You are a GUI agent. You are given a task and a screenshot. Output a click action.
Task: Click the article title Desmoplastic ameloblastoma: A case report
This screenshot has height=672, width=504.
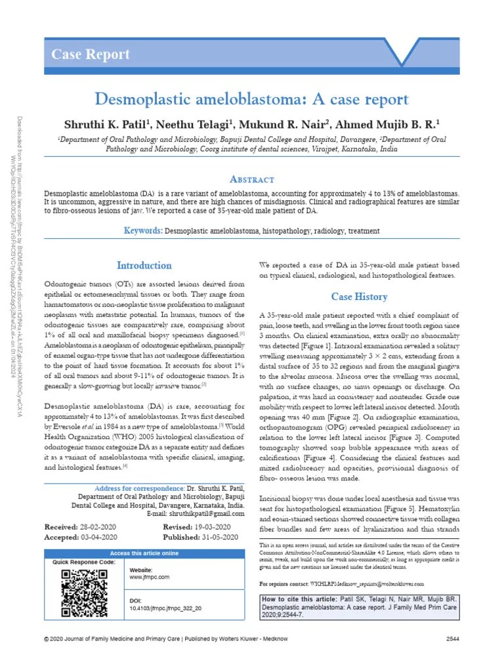252,100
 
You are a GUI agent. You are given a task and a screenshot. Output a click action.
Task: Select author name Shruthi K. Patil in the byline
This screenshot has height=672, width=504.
105,125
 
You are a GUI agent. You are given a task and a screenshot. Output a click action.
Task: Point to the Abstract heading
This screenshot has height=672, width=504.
252,179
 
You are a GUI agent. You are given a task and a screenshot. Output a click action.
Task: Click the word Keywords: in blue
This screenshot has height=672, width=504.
143,231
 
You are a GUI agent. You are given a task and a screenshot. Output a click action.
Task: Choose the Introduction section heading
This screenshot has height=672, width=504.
144,266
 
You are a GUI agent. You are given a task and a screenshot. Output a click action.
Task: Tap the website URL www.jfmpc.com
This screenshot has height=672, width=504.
150,577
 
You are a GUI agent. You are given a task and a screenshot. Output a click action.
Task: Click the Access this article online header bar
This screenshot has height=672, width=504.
144,553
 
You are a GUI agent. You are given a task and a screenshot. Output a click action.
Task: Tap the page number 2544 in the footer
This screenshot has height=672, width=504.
453,638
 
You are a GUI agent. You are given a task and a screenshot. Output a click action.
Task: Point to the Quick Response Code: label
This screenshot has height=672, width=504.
84,563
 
